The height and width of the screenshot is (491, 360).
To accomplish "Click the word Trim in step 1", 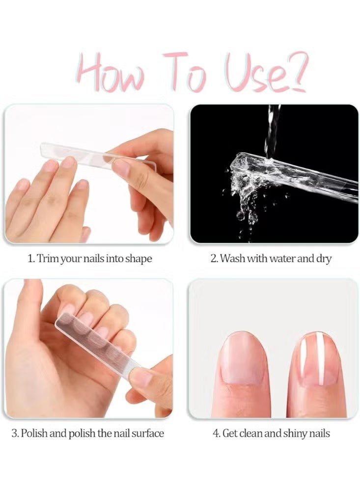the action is [48, 259].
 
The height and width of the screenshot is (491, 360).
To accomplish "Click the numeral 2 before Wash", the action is [214, 259].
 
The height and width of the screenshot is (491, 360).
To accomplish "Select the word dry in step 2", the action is [324, 259].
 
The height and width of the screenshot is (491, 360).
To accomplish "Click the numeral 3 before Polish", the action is [15, 434].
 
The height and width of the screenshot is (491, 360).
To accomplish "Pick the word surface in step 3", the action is [147, 434].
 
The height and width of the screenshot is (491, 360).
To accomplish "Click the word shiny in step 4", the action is [295, 434].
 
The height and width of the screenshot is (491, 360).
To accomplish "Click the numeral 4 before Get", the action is [216, 434].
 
